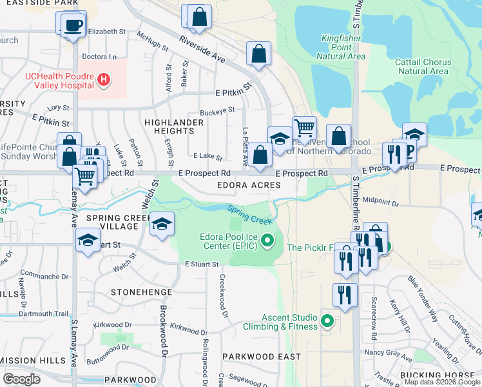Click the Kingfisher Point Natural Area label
click(x=343, y=48)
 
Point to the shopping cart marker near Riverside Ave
click(x=304, y=126)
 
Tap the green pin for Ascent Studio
click(x=327, y=320)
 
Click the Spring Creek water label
click(x=249, y=215)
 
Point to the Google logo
click(x=21, y=379)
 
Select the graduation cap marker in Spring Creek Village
click(x=162, y=224)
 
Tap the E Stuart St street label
click(x=202, y=264)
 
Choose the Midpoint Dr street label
click(x=381, y=202)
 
